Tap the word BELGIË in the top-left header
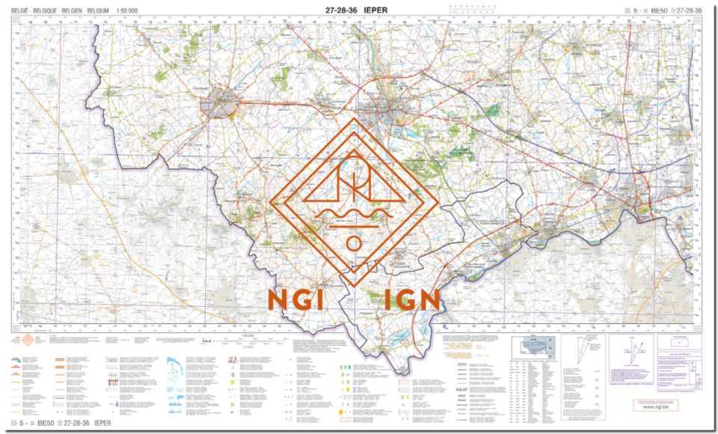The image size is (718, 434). (x=20, y=11)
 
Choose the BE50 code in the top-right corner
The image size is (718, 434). (x=659, y=10)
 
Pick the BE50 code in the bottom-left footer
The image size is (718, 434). (x=46, y=424)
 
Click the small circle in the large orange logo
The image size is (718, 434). (x=354, y=243)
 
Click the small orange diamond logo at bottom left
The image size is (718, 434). (x=28, y=341)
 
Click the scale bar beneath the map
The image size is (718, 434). (x=254, y=338)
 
